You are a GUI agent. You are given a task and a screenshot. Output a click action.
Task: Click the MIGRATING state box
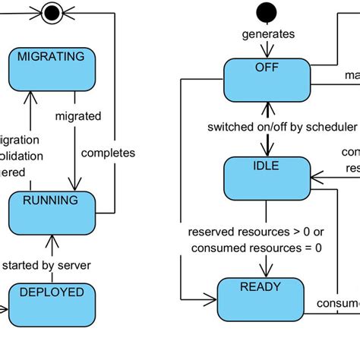click(x=52, y=69)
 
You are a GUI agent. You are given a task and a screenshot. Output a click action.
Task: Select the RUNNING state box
click(x=51, y=213)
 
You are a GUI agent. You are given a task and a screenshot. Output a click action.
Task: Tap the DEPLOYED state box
click(x=51, y=304)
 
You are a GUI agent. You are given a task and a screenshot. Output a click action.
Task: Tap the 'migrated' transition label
click(x=80, y=116)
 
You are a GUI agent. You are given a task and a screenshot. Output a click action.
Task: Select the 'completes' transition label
click(x=107, y=153)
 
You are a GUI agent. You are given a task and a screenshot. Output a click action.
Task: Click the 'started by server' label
click(x=47, y=265)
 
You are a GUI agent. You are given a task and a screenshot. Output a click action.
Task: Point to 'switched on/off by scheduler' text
click(x=282, y=127)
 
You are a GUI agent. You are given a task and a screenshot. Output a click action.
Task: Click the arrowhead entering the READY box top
click(x=266, y=273)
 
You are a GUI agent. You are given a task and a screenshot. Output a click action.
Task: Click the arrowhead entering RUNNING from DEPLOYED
click(x=51, y=240)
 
